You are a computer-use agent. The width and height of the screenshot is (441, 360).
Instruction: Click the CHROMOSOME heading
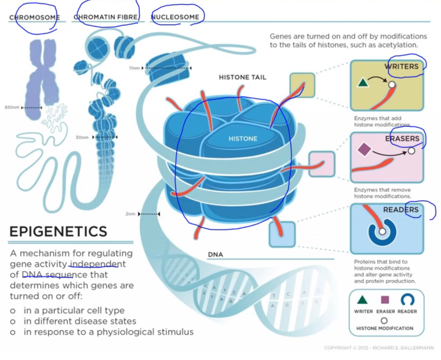[x=34, y=17]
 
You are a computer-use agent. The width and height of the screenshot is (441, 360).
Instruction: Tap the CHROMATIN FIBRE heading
[x=106, y=17]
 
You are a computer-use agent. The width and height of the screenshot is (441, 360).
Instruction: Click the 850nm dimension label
[x=12, y=107]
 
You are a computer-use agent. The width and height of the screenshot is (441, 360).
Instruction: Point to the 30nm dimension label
[x=82, y=138]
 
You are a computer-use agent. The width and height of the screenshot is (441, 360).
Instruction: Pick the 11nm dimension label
[x=134, y=68]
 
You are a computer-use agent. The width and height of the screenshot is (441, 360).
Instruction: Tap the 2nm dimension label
[x=130, y=214]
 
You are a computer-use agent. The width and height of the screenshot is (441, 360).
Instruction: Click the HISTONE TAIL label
[x=242, y=77]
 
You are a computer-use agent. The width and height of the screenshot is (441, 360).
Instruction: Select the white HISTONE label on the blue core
[x=243, y=139]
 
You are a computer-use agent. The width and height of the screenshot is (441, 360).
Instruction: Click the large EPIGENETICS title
[x=58, y=231]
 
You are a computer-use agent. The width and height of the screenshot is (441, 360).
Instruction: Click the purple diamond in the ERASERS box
[x=363, y=149]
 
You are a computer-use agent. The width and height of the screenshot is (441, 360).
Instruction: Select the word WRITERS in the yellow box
[x=401, y=67]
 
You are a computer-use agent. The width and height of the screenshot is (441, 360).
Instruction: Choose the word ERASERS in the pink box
[x=402, y=139]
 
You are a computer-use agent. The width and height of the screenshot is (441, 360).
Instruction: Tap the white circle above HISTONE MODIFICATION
[x=384, y=321]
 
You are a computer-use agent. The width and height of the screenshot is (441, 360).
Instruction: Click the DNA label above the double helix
[x=216, y=255]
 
